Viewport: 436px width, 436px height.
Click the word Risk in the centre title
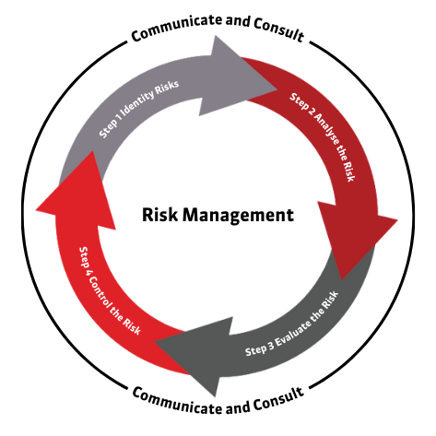[159, 214]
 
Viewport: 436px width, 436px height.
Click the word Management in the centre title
[238, 216]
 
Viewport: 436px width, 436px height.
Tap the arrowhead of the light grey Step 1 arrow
[238, 76]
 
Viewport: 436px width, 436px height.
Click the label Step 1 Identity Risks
[139, 109]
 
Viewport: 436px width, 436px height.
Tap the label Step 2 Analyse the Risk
[323, 136]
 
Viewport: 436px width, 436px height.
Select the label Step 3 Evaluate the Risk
[292, 324]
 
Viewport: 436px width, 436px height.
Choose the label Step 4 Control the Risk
[109, 291]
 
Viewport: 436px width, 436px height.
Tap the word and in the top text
[238, 21]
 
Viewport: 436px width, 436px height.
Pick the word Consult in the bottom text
[278, 400]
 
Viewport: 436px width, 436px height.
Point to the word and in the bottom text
[238, 407]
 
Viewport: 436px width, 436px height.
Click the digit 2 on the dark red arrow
[312, 112]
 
